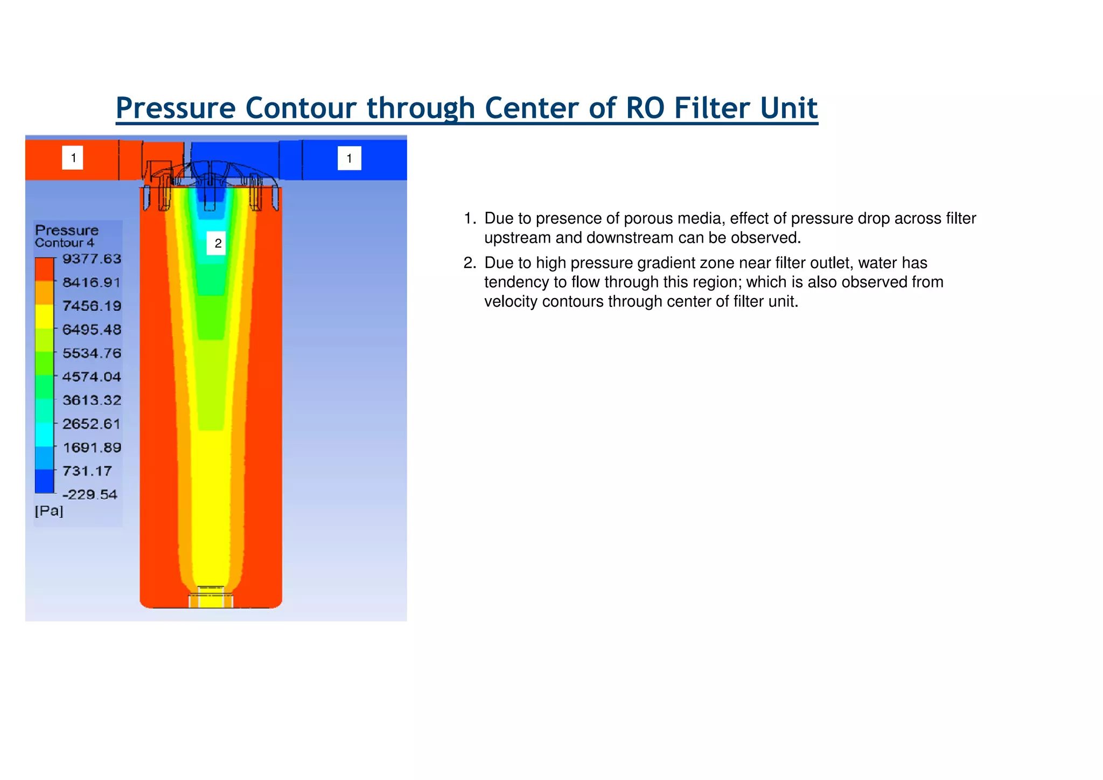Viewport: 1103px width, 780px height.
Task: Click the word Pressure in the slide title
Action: (176, 108)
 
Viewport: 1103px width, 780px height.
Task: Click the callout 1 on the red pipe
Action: (73, 158)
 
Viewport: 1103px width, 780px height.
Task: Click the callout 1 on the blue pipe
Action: (349, 158)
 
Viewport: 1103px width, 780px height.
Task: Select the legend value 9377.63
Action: (92, 259)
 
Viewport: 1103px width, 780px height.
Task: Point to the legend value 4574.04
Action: (92, 377)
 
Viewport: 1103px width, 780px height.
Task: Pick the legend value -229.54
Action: (89, 494)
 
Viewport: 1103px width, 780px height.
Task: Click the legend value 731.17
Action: (87, 471)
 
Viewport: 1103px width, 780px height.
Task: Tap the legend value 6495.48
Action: (92, 329)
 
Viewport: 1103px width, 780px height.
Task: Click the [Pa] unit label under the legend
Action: (49, 510)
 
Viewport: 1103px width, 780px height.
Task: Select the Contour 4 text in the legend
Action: (64, 243)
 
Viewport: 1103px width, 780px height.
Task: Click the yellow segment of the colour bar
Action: (44, 316)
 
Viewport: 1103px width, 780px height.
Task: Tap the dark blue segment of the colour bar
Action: (44, 481)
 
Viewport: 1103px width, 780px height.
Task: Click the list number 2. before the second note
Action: (470, 263)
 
